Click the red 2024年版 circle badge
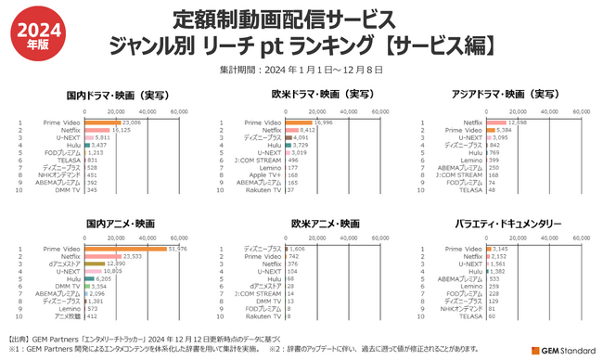coord(32,33)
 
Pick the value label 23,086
coord(132,122)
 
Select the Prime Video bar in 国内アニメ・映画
coord(125,249)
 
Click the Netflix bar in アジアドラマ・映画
coord(494,122)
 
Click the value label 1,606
coord(297,249)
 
